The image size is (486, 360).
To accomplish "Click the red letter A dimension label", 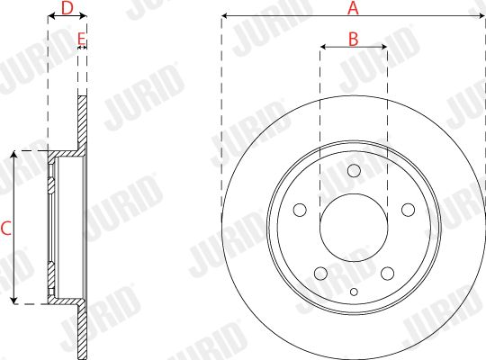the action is tap(353, 8).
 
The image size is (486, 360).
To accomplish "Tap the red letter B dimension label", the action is tap(354, 39).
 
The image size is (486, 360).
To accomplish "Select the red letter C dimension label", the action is tap(6, 229).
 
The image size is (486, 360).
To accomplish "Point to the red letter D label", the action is tap(67, 8).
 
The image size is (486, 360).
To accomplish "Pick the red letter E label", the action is tap(81, 39).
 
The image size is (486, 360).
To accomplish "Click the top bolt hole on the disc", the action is tap(354, 170).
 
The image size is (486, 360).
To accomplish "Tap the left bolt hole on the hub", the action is tap(300, 210).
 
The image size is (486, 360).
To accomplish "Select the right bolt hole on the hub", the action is tap(409, 210).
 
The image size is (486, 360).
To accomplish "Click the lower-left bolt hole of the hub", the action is tap(320, 274).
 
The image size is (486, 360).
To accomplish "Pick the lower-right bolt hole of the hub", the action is tap(387, 274).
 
